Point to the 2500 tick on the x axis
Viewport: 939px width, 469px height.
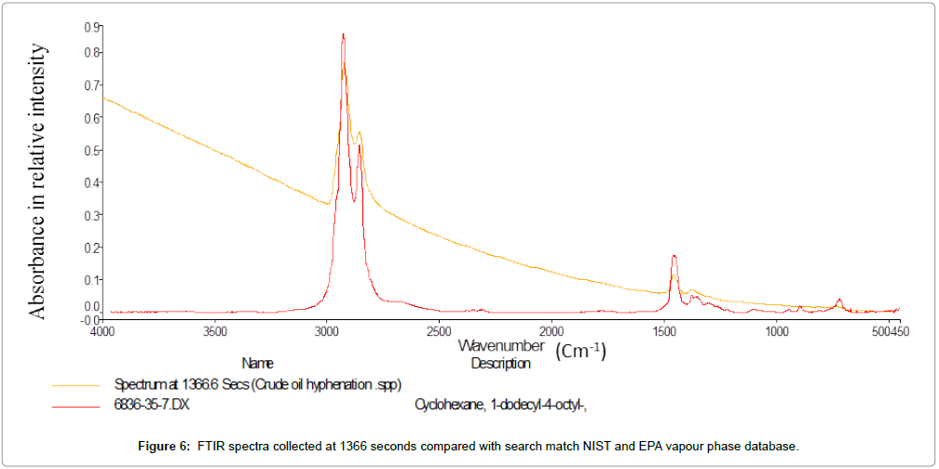click(440, 331)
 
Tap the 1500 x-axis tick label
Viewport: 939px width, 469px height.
click(664, 331)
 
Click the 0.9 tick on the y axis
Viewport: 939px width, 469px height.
click(92, 27)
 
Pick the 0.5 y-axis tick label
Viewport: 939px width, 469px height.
click(92, 151)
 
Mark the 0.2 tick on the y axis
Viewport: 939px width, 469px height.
click(92, 248)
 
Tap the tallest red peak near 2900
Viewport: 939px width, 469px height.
click(343, 35)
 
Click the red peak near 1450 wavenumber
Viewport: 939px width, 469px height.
click(673, 256)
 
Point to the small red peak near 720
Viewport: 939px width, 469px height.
click(839, 300)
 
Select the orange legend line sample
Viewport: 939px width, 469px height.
click(75, 384)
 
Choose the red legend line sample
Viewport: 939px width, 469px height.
click(75, 405)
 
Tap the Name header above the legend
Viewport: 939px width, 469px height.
click(258, 363)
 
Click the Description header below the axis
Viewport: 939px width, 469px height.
click(500, 363)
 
